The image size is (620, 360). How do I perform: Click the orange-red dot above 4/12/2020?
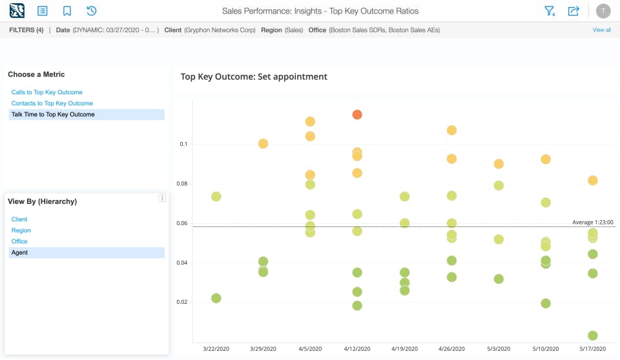coord(357,115)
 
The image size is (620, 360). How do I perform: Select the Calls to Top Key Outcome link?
coord(47,92)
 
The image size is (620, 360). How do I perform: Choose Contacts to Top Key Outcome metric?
coord(52,103)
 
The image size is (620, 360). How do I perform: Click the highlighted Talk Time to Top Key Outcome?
coord(53,114)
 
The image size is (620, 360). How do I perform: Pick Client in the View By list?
coord(19,219)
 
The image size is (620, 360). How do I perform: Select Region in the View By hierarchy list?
coord(21,230)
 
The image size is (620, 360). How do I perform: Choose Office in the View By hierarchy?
coord(19,241)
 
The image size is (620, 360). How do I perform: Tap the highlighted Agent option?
coord(19,252)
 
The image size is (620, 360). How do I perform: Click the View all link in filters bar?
coord(601,30)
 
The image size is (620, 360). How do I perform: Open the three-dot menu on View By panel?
coord(162,198)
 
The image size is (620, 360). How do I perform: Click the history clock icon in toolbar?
coord(91,11)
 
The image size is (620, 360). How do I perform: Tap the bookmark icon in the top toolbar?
coord(67,11)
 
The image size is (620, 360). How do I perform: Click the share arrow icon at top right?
coord(573,11)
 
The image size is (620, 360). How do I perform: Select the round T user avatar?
coord(603,11)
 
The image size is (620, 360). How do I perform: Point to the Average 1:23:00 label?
coord(592,222)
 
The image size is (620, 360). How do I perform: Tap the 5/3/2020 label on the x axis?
coord(498,348)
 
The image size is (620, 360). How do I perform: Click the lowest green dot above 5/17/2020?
coord(592,335)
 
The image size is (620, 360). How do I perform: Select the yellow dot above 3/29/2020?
coord(263,143)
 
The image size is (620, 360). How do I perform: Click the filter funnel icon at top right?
coord(550,11)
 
